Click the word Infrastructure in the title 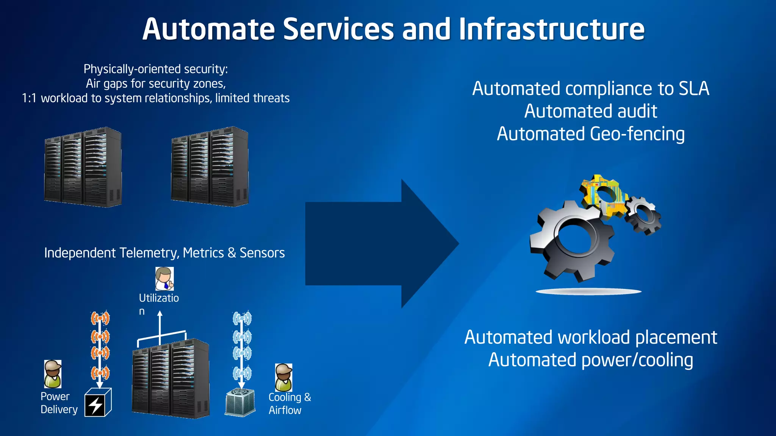(551, 30)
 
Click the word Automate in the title (208, 30)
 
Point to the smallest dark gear (643, 215)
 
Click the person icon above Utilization (164, 279)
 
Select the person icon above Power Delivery (53, 374)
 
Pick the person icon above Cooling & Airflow (283, 377)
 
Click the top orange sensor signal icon (100, 318)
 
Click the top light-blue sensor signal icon (242, 318)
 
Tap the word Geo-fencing (637, 134)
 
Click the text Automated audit (590, 111)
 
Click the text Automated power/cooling (590, 360)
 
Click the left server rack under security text (83, 167)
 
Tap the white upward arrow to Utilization (160, 325)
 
